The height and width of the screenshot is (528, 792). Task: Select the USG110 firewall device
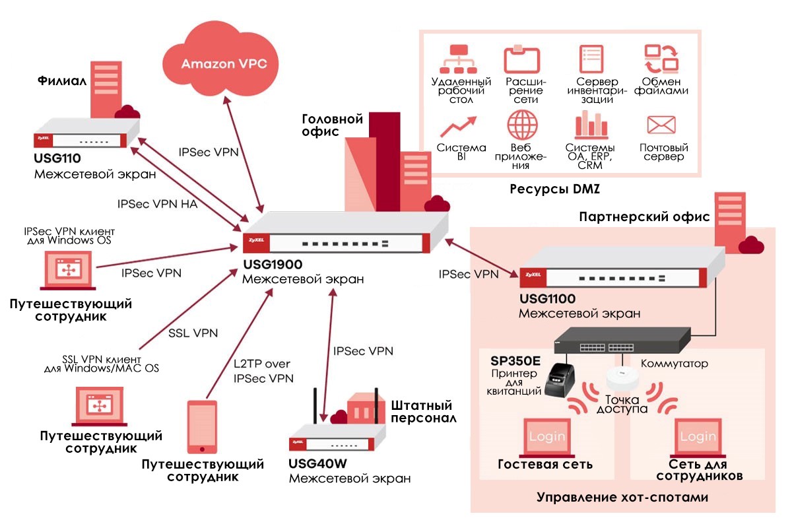point(86,135)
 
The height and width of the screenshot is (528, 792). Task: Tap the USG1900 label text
point(272,265)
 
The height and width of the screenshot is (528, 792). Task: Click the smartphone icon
point(201,426)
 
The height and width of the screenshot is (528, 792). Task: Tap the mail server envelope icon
point(661,125)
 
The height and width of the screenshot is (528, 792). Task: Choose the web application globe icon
point(523,124)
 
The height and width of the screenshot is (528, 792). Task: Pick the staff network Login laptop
point(698,438)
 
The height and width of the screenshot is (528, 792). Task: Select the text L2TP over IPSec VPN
point(263,371)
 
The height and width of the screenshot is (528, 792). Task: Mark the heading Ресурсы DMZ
point(558,189)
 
